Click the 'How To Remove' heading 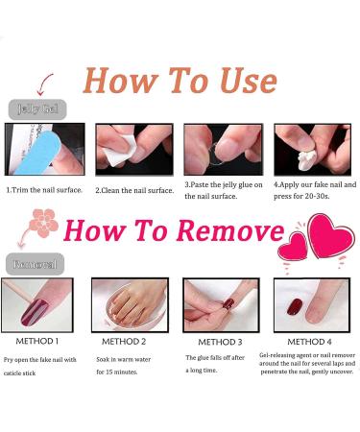[x=173, y=232]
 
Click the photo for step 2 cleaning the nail [x=132, y=149]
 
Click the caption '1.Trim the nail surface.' [x=46, y=190]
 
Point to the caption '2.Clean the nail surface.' [x=134, y=190]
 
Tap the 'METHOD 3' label [x=216, y=341]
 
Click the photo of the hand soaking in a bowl [x=129, y=304]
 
